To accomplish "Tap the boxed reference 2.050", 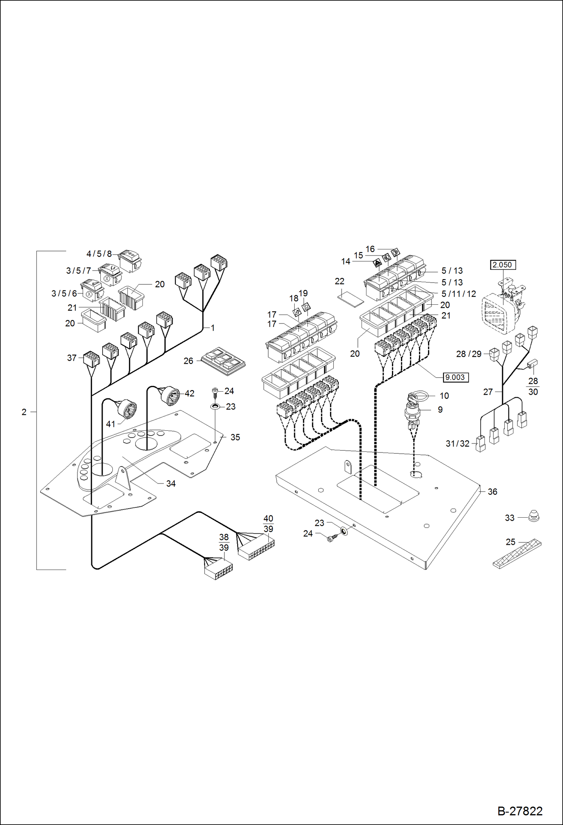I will [502, 265].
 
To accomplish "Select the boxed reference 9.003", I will [455, 377].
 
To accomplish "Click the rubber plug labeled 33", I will [533, 516].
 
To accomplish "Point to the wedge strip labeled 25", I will [517, 554].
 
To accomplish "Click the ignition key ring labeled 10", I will [417, 395].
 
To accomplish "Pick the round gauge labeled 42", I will [170, 395].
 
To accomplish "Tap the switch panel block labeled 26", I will [223, 362].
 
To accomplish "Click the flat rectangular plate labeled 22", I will [351, 297].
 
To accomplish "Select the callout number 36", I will [492, 492].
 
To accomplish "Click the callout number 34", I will [171, 483].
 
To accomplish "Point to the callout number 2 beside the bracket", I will [24, 412].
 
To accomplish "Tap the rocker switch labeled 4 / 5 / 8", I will [130, 260].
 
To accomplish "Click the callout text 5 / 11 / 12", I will [459, 294].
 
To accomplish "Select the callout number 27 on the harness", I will [488, 392].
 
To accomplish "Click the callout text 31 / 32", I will [457, 444].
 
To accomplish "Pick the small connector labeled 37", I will [92, 359].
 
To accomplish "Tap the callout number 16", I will [370, 249].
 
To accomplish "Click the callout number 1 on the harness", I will [213, 328].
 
